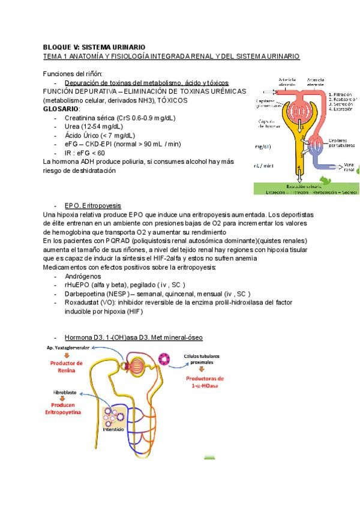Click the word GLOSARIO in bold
point(61,109)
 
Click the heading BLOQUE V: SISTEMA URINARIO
point(94,46)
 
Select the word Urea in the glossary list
point(72,127)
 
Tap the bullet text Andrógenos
point(83,276)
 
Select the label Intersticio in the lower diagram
point(113,430)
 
